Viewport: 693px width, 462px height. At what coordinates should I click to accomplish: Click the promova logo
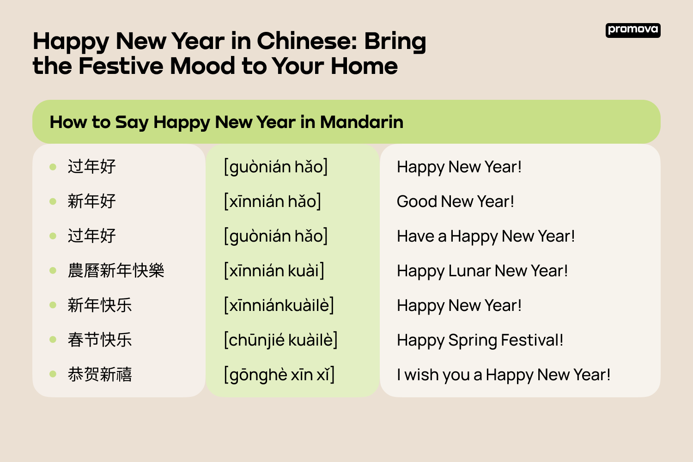(632, 30)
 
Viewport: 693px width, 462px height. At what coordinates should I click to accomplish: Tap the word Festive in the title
(121, 66)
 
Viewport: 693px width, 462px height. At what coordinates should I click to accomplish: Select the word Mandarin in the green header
(361, 122)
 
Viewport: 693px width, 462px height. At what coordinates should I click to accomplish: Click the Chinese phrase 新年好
(91, 201)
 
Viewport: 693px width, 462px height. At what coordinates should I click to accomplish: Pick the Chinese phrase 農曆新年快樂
(116, 271)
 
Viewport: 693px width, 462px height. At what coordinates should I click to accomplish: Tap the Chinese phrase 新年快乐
(100, 305)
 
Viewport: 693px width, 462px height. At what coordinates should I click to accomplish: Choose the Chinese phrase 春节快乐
(100, 340)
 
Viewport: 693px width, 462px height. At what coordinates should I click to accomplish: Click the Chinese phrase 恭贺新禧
(100, 375)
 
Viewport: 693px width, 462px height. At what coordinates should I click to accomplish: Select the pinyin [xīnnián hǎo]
(273, 201)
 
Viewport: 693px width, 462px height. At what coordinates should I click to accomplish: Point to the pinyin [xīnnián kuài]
(274, 271)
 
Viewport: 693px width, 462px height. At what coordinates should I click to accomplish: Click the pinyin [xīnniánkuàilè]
(279, 305)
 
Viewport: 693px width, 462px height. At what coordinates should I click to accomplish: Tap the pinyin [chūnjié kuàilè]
(280, 340)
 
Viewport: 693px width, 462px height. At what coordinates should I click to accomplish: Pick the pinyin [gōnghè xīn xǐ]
(279, 375)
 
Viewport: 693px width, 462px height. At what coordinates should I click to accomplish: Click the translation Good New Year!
(455, 201)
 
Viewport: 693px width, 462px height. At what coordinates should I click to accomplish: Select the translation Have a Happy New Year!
(486, 236)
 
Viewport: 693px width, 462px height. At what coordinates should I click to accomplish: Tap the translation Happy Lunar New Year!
(482, 271)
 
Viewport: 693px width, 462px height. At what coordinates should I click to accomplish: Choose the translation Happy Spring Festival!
(480, 340)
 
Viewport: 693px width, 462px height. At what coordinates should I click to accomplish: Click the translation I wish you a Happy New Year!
(504, 375)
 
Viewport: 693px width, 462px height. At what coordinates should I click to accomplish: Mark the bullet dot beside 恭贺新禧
(53, 374)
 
